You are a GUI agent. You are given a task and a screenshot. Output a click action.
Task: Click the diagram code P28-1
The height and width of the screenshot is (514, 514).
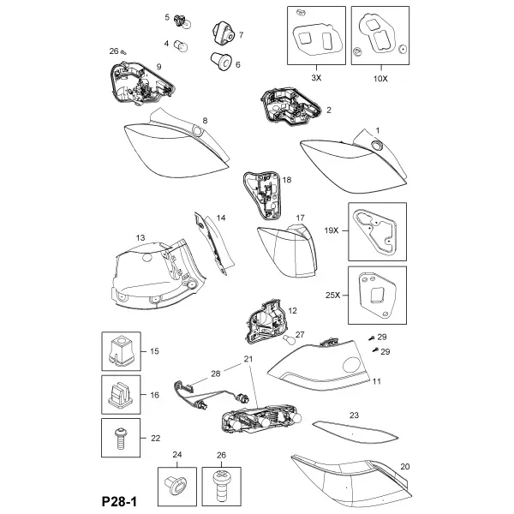[x=119, y=501]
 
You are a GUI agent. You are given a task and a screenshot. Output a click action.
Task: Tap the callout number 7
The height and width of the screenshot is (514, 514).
[x=241, y=35]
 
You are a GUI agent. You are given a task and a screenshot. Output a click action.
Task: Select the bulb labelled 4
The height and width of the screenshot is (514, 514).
[x=182, y=45]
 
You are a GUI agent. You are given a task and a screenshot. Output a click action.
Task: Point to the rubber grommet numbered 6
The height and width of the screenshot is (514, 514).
[x=221, y=62]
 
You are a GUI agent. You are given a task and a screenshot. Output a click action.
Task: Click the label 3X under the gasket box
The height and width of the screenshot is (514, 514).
[x=316, y=78]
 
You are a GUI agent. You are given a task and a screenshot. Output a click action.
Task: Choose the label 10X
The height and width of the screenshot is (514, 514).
[x=380, y=79]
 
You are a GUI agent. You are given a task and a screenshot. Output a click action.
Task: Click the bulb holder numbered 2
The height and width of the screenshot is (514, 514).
[x=290, y=106]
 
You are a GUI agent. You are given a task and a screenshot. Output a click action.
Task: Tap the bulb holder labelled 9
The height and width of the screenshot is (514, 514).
[x=141, y=84]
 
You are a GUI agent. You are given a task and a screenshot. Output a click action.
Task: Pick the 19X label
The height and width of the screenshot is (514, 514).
[x=331, y=230]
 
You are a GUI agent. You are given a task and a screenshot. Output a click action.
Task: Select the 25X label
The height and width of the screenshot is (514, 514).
[x=332, y=296]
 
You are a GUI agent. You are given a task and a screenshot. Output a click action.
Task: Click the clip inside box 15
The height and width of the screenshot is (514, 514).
[x=121, y=350]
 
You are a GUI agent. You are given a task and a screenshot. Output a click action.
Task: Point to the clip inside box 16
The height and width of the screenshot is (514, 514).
[x=121, y=395]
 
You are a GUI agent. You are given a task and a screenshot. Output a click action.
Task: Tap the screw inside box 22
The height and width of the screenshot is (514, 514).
[x=121, y=438]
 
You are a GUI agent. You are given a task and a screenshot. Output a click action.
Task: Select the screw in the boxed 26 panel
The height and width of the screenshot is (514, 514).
[x=221, y=484]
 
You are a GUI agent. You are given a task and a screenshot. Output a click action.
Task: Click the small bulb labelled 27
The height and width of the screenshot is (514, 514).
[x=290, y=339]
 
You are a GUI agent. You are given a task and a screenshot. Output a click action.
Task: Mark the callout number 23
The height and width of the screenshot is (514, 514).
[x=354, y=415]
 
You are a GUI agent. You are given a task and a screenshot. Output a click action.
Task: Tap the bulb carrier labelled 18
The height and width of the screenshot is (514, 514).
[x=262, y=194]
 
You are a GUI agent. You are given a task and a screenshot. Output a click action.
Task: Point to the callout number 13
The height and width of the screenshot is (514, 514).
[x=140, y=237]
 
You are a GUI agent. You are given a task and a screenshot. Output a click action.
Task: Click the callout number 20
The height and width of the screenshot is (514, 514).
[x=405, y=467]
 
